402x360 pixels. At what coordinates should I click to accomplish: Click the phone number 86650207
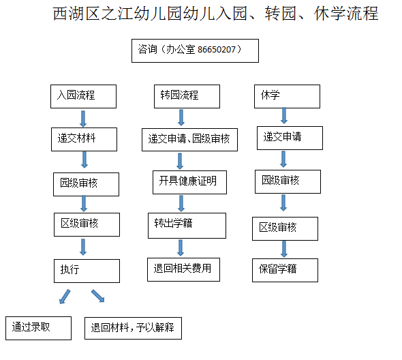pos(217,50)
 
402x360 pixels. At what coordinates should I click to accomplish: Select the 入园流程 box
pos(83,97)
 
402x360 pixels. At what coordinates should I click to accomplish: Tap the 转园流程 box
pos(187,97)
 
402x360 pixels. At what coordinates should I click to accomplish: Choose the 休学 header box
pos(287,97)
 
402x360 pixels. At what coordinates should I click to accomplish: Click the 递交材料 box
pos(84,139)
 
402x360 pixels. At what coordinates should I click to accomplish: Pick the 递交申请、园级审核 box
pos(189,140)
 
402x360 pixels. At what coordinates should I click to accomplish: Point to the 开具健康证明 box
pos(189,182)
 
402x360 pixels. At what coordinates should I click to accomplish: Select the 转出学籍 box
pos(187,226)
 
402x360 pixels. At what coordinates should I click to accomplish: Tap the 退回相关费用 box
pos(183,270)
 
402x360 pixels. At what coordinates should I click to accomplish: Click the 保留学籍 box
pos(285,271)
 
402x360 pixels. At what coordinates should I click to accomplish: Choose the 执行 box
pos(87,271)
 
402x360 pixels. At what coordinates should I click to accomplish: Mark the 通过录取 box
pos(38,328)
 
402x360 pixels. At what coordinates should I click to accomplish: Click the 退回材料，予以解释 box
pos(134,328)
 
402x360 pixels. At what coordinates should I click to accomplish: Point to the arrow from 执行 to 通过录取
pos(65,297)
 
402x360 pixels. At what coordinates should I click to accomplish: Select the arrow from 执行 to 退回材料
pos(98,296)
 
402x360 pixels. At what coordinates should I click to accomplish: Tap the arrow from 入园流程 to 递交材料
pos(83,119)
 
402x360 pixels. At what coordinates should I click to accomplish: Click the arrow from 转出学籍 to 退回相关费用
pos(181,248)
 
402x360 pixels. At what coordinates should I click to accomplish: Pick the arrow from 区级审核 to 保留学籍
pos(284,249)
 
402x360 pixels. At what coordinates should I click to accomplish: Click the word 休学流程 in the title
pos(346,14)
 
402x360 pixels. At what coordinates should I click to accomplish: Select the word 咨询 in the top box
pos(147,49)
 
